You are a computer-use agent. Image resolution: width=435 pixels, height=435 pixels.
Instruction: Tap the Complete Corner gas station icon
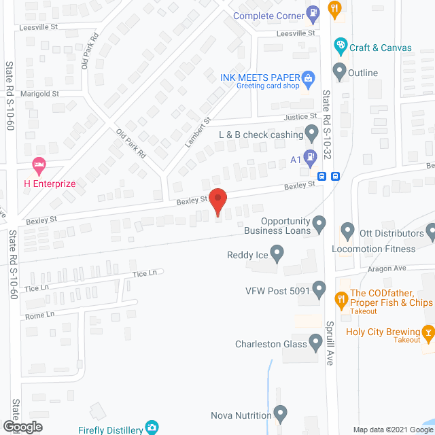point(313,12)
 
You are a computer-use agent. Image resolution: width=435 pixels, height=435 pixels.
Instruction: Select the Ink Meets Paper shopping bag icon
point(308,77)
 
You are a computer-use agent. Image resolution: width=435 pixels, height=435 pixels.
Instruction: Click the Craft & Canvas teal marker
point(341,46)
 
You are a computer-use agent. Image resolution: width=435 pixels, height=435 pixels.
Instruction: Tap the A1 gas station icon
point(310,158)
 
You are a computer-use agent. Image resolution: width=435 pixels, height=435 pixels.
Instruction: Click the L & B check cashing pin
point(312,132)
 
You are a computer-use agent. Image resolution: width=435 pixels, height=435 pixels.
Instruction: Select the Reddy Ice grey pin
point(277,254)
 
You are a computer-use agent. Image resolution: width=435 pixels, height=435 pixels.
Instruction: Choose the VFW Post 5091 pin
point(319,290)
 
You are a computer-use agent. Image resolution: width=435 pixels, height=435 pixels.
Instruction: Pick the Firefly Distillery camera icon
point(153,428)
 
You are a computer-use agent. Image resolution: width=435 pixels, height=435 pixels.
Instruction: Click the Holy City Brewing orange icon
point(428,332)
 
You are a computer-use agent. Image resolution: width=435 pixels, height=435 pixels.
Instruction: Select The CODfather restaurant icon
point(341,298)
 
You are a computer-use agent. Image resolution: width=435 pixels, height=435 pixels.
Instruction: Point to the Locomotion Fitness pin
point(347,232)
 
